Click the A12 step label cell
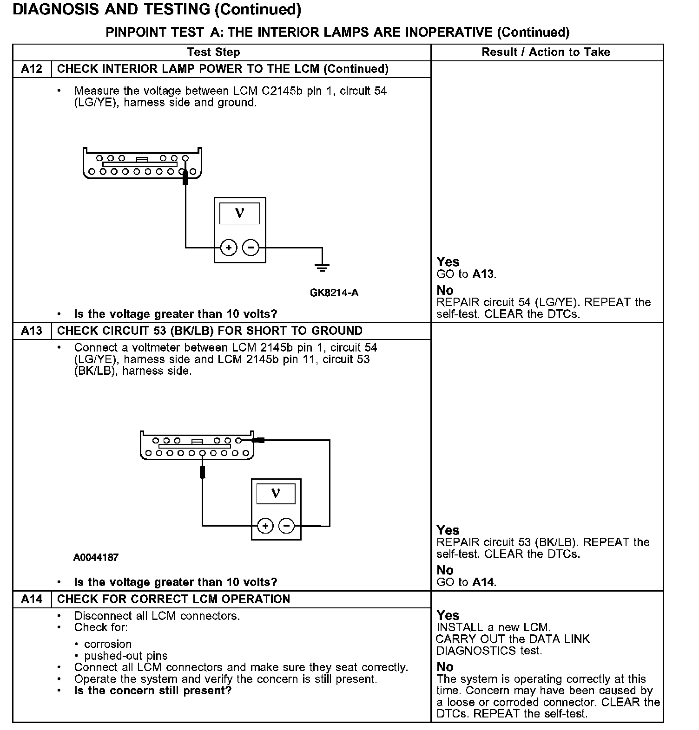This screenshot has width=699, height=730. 32,69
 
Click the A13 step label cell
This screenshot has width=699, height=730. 32,331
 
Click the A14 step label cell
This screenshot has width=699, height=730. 32,599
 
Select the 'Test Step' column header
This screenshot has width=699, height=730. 213,52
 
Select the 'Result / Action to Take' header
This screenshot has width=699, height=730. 546,52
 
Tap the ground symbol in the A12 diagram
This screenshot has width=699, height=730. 322,267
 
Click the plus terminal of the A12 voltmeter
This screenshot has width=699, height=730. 228,248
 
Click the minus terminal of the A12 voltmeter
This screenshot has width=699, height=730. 251,248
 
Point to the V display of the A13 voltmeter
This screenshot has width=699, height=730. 276,493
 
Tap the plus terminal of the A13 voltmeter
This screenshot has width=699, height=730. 265,526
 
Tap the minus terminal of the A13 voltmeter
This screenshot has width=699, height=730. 286,526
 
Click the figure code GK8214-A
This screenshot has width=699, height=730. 334,293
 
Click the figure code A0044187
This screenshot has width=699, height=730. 96,557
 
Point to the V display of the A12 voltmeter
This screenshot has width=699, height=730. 239,213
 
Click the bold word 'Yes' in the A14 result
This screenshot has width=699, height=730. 448,616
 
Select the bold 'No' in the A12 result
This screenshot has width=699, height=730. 445,291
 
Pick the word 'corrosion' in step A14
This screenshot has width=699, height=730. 108,644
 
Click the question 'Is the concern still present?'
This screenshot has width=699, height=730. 153,691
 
